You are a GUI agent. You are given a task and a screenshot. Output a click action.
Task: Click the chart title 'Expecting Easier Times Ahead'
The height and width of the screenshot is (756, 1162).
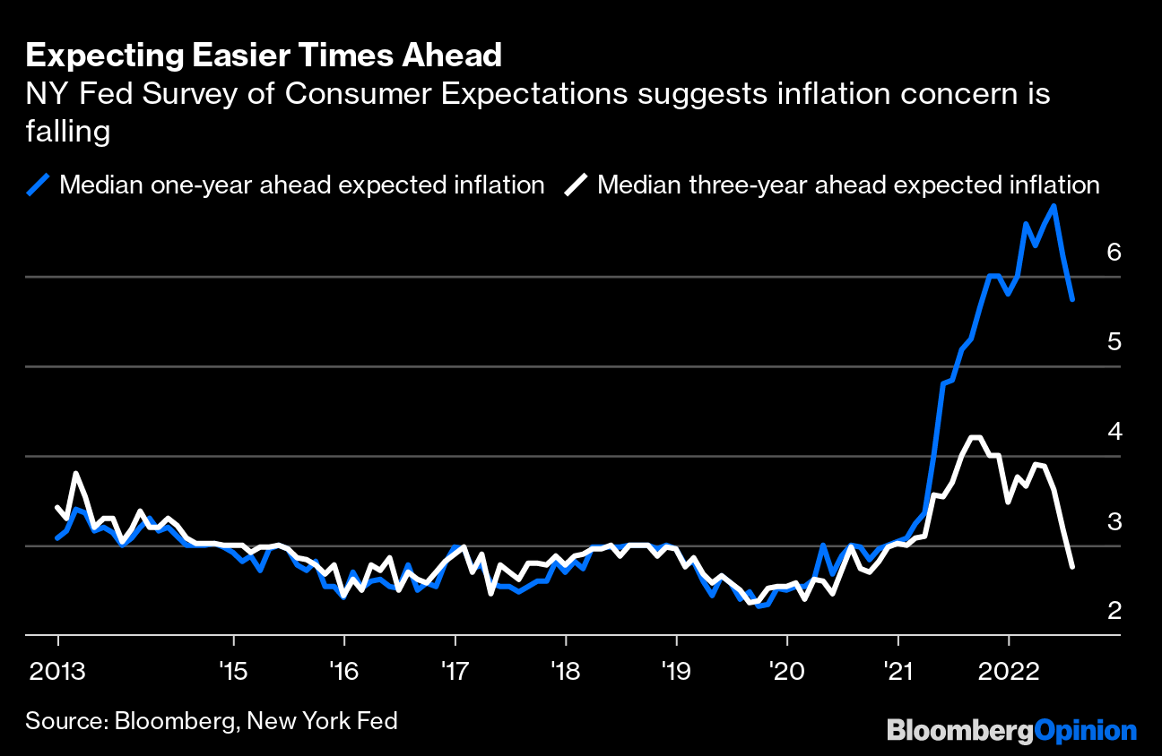pos(264,56)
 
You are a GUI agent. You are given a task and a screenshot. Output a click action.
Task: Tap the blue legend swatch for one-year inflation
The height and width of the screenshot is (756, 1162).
pos(39,185)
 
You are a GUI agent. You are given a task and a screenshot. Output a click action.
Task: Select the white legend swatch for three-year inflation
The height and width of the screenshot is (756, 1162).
pos(576,185)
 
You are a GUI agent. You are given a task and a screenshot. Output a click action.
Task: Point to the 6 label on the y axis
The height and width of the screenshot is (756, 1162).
pos(1114,252)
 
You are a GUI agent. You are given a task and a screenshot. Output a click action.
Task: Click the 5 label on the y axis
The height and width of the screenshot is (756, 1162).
pos(1114,341)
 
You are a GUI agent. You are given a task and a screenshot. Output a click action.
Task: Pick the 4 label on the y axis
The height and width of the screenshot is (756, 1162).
pos(1114,431)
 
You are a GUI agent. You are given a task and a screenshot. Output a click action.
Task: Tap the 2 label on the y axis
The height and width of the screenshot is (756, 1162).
pos(1114,610)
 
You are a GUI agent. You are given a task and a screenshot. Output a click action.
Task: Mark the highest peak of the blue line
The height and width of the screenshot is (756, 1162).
pos(1054,206)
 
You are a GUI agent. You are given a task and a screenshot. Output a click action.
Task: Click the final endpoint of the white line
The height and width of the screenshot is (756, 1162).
pos(1072,566)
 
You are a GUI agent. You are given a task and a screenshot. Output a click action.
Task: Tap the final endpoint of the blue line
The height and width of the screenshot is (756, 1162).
pos(1072,299)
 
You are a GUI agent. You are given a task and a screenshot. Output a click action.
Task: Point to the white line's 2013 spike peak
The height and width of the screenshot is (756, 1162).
pos(76,473)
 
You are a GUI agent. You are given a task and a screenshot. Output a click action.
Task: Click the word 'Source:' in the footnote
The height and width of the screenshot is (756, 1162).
pos(65,721)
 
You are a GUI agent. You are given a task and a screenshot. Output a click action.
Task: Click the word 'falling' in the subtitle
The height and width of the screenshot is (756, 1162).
pos(67,133)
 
